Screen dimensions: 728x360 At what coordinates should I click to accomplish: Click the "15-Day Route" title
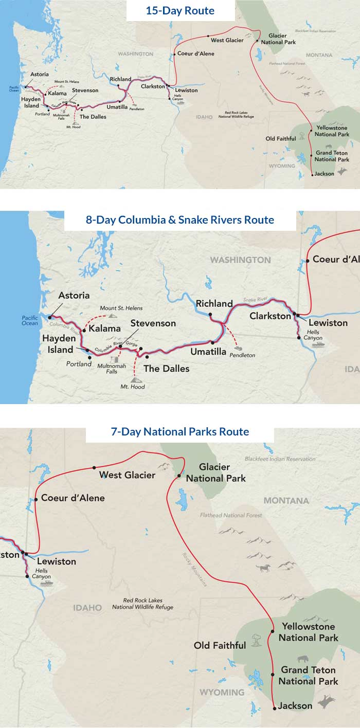pos(180,10)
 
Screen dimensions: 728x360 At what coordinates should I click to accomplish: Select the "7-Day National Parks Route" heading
pos(180,432)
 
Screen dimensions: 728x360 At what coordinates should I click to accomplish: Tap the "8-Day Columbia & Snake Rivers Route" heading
pos(180,220)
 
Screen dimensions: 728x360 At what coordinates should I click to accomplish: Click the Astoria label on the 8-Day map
pos(74,296)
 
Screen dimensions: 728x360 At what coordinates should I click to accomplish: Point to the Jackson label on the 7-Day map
pos(295,706)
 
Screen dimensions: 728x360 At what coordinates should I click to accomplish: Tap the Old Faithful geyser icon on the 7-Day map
pos(256,643)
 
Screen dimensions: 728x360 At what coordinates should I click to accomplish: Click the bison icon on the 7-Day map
pos(303,658)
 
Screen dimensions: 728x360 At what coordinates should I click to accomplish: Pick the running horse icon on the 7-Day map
pos(263,568)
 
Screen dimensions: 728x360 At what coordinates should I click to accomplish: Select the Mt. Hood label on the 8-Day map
pos(133,387)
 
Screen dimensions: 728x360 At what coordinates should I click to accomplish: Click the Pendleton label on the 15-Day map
pos(137,109)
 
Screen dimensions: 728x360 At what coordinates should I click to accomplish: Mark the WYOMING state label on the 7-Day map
pos(222,692)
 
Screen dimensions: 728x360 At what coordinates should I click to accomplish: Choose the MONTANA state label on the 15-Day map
pos(319,55)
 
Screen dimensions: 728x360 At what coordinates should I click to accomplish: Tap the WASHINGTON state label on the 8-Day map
pos(240,260)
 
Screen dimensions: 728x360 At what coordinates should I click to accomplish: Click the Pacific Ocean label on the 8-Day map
pos(30,320)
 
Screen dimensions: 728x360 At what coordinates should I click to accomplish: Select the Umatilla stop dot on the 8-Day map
pos(212,342)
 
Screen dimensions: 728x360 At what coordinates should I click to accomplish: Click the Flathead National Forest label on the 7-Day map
pos(231,515)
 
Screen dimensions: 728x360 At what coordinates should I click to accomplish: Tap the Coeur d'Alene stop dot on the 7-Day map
pos(36,499)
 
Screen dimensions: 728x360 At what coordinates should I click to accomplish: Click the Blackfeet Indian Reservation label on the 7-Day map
pos(280,459)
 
